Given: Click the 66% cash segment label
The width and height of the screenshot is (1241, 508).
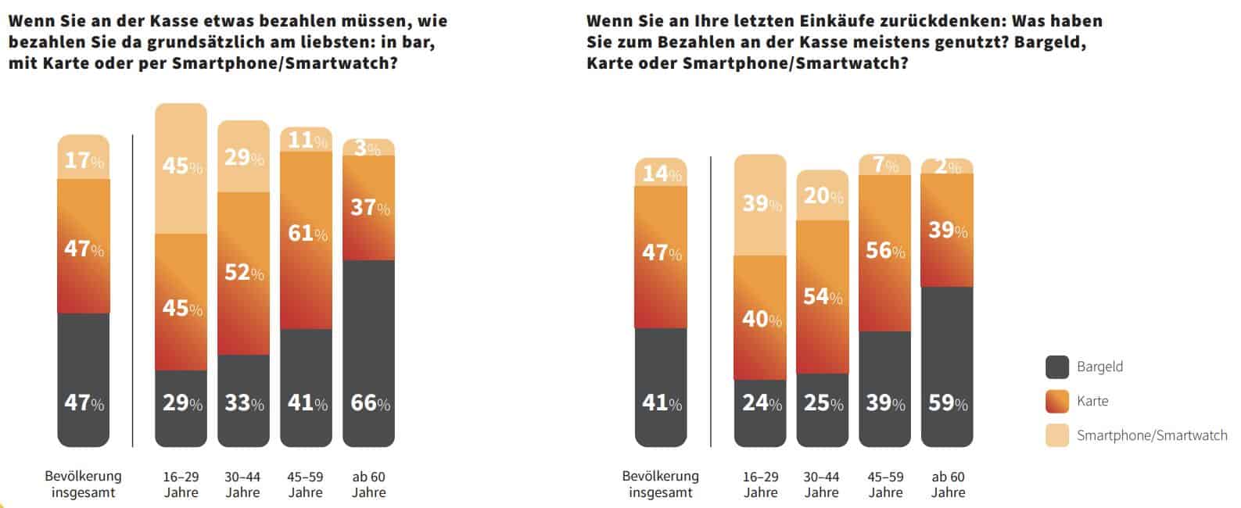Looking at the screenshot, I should (x=368, y=403).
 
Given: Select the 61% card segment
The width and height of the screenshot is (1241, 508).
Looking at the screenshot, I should (x=306, y=233).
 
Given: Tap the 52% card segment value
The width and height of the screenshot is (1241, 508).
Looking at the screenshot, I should (x=243, y=272).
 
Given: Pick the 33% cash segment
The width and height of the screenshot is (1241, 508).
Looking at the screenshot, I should (x=243, y=403).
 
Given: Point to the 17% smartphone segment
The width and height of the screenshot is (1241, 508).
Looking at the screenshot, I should (x=84, y=160).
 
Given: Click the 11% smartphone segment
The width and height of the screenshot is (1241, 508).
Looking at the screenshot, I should (x=306, y=140).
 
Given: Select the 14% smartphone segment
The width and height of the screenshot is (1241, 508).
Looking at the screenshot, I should (x=661, y=173).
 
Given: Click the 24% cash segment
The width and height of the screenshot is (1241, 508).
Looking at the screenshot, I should (x=760, y=403).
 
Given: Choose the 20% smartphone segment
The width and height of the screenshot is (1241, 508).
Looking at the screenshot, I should (x=823, y=195).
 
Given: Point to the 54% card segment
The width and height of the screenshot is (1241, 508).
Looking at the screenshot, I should (x=823, y=297).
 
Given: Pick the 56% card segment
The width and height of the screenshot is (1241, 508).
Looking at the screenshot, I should (x=884, y=250).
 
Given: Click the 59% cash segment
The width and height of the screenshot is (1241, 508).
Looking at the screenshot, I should (x=947, y=403).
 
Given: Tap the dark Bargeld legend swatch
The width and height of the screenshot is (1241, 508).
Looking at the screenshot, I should (x=1057, y=367).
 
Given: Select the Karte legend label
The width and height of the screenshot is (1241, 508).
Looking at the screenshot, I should (x=1092, y=401).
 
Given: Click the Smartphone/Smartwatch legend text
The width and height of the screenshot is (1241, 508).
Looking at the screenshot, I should (x=1152, y=435).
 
